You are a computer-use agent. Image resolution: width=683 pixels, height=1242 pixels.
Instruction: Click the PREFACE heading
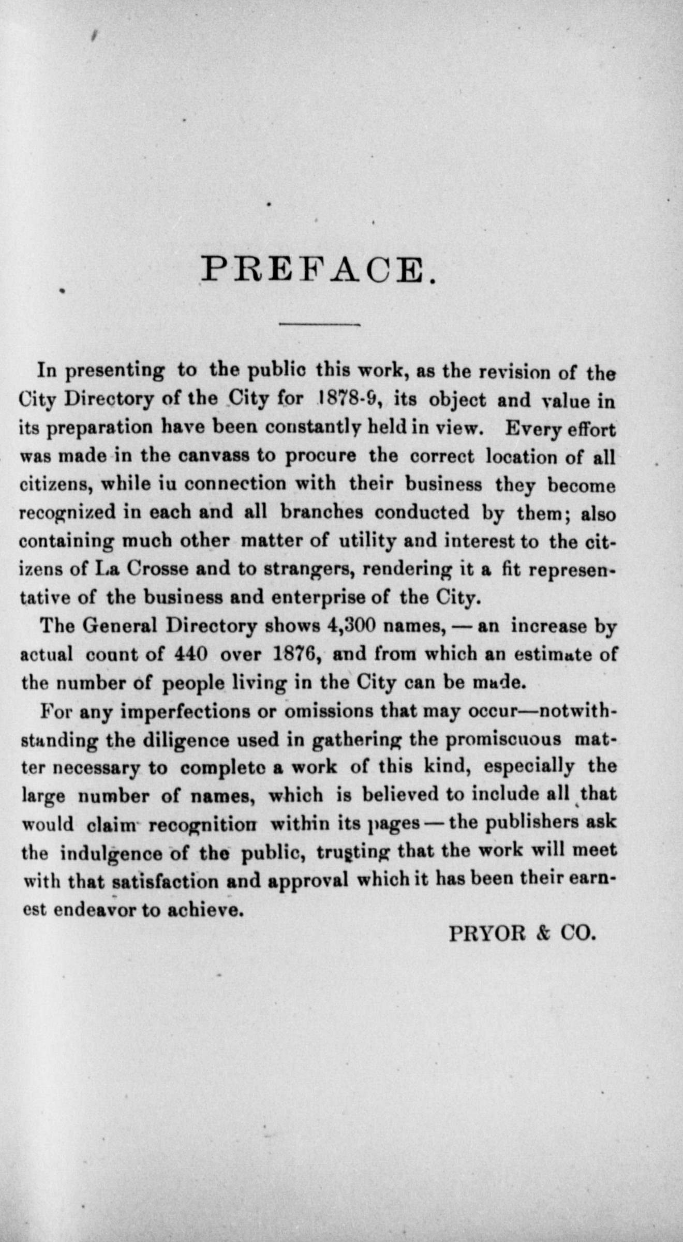[x=318, y=269]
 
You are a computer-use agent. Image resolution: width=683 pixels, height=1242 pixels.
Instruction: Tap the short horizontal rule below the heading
[x=319, y=325]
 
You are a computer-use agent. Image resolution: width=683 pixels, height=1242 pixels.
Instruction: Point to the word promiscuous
[x=503, y=739]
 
